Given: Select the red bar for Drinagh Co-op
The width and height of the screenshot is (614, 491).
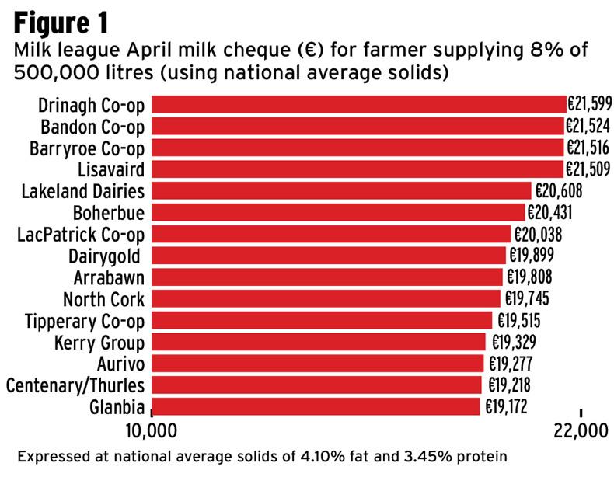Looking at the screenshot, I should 358,105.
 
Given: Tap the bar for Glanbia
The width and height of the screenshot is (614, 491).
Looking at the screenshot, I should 316,406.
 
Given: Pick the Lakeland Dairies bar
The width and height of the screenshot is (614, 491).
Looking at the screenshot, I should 341,191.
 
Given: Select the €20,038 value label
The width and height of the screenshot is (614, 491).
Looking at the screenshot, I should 537,235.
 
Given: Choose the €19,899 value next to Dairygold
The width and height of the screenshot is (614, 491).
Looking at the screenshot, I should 532,256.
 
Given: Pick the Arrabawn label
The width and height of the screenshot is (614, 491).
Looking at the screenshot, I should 109,277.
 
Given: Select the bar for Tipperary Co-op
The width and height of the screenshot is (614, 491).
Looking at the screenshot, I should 322,320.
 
